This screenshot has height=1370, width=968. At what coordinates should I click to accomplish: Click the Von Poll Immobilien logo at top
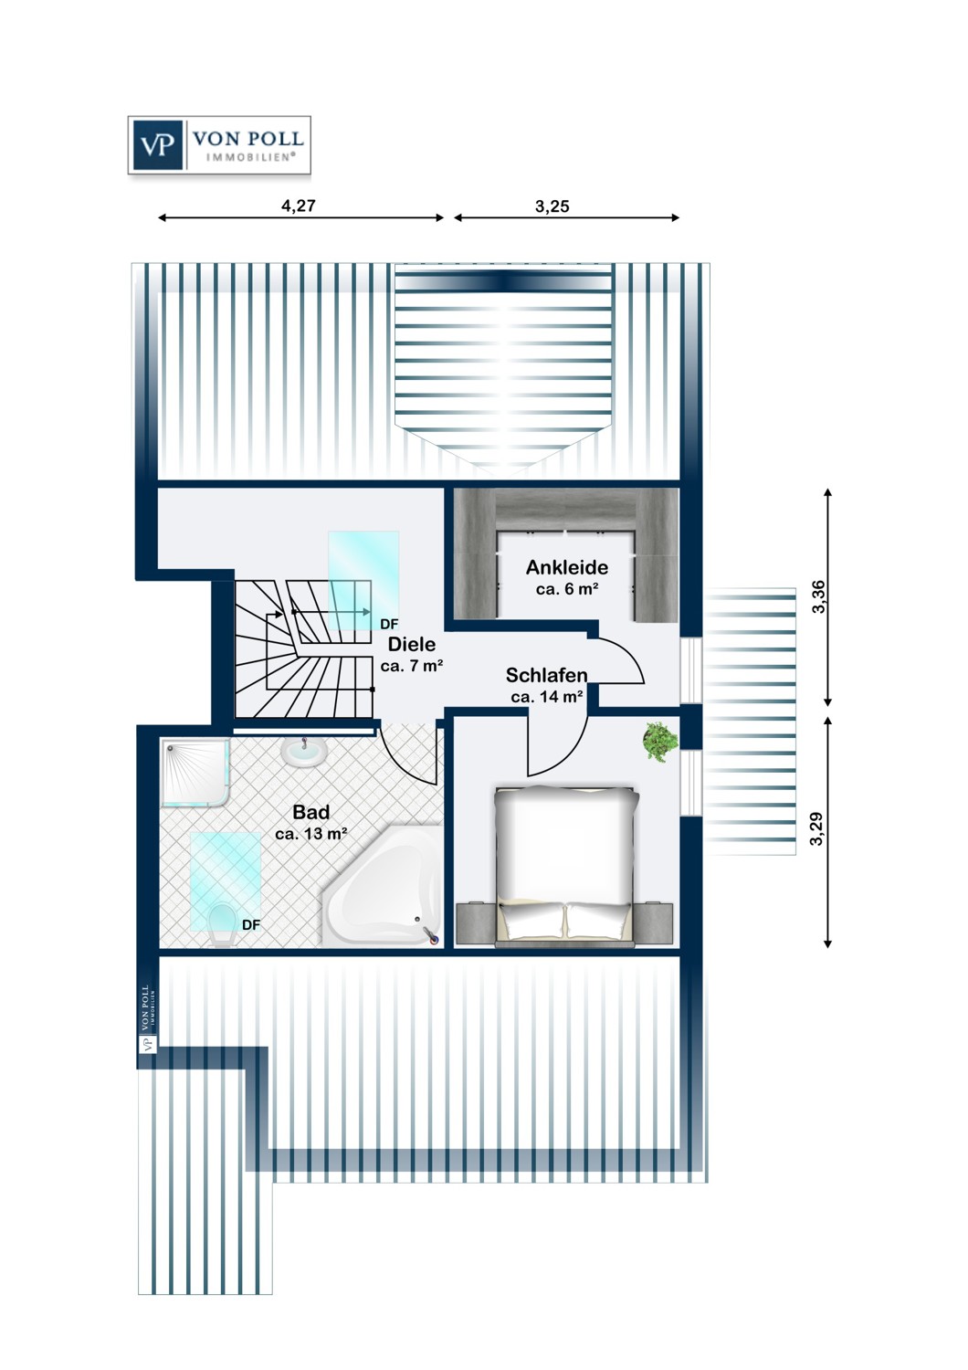[x=219, y=145]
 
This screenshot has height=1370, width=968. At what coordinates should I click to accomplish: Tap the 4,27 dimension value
[x=299, y=206]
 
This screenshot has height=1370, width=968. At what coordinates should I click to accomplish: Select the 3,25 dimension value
[x=552, y=206]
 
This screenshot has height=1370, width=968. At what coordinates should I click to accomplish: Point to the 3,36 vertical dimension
[x=818, y=596]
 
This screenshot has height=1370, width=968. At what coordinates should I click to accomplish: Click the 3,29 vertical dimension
[x=816, y=828]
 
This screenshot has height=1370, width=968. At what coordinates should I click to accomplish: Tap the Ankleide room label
[x=567, y=567]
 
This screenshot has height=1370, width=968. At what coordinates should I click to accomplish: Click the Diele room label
[x=411, y=644]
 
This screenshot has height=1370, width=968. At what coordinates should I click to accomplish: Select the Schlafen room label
[x=546, y=675]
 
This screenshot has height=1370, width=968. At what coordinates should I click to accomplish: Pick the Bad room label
[x=310, y=812]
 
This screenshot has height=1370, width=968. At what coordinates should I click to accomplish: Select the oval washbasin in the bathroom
[x=304, y=753]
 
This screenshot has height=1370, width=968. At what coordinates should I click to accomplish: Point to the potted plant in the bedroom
[x=659, y=741]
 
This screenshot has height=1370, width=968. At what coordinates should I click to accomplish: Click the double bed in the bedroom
[x=565, y=863]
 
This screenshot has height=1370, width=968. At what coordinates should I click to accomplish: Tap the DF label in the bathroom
[x=251, y=925]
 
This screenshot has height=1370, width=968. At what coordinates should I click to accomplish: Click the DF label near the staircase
[x=389, y=625]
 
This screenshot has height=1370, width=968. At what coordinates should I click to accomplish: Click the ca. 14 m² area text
[x=546, y=697]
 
